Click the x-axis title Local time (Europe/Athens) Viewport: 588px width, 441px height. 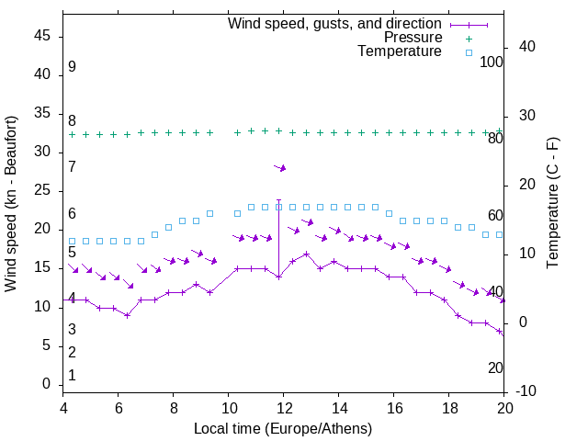pyautogui.click(x=283, y=429)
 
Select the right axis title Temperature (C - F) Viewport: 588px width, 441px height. pyautogui.click(x=552, y=204)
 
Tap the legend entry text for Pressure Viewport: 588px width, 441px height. pyautogui.click(x=413, y=38)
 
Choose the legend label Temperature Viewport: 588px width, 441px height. pyautogui.click(x=400, y=51)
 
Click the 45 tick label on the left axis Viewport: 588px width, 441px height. pyautogui.click(x=44, y=36)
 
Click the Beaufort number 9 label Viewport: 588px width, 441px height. pyautogui.click(x=72, y=67)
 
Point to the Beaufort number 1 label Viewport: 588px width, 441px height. pyautogui.click(x=72, y=376)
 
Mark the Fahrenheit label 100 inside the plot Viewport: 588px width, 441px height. pyautogui.click(x=492, y=62)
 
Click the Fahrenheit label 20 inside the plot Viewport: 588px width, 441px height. pyautogui.click(x=495, y=367)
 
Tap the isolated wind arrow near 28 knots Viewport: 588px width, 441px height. pyautogui.click(x=281, y=167)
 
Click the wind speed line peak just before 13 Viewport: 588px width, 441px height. pyautogui.click(x=306, y=254)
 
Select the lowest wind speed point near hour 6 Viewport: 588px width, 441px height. pyautogui.click(x=128, y=315)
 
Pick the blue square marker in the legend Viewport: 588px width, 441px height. pyautogui.click(x=469, y=52)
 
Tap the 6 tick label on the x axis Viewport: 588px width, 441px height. pyautogui.click(x=118, y=409)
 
